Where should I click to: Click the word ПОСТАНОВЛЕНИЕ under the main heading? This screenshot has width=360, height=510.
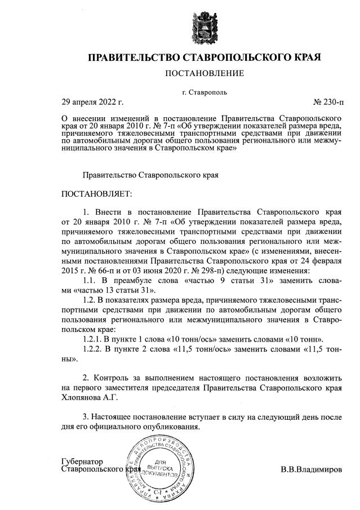pos(205,73)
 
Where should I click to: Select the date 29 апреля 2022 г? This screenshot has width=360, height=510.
pos(92,102)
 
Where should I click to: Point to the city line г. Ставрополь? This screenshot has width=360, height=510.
pos(205,91)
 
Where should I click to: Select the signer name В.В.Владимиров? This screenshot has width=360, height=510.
pos(312,469)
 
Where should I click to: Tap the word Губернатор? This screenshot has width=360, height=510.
pos(83,460)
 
